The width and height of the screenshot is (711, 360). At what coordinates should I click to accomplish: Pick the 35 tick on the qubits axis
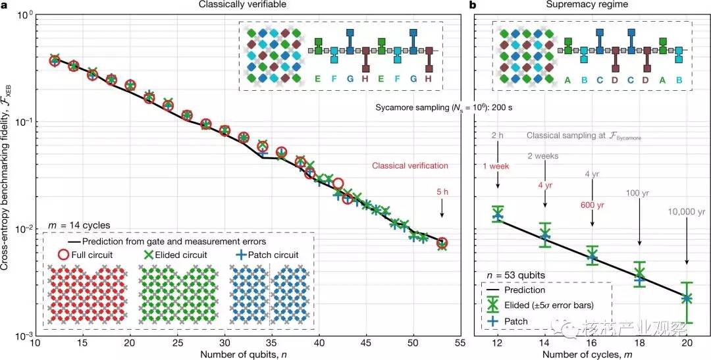(272, 344)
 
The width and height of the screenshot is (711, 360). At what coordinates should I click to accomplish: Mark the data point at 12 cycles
(498, 215)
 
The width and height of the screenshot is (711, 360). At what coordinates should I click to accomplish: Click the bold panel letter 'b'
(472, 5)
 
